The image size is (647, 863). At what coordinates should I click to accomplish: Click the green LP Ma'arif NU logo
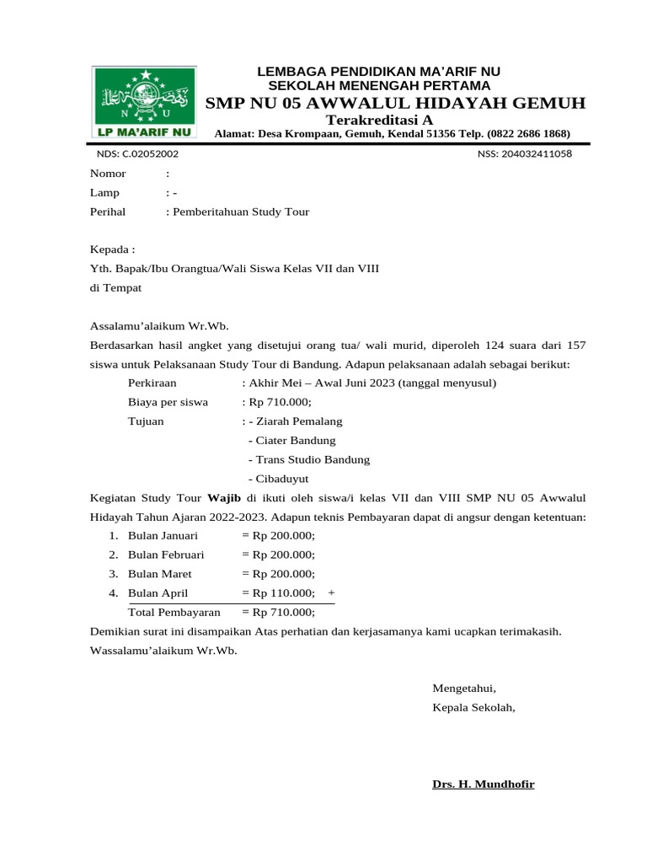[x=142, y=102]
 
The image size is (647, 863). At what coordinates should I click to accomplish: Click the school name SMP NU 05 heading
[x=395, y=103]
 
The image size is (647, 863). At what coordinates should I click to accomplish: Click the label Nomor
[x=108, y=174]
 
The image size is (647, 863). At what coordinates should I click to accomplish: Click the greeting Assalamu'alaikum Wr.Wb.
[x=159, y=327]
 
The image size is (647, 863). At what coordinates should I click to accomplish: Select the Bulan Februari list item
[x=165, y=555]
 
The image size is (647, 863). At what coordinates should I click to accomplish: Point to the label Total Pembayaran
[x=174, y=613]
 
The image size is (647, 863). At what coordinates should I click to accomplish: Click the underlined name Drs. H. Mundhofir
[x=483, y=785]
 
